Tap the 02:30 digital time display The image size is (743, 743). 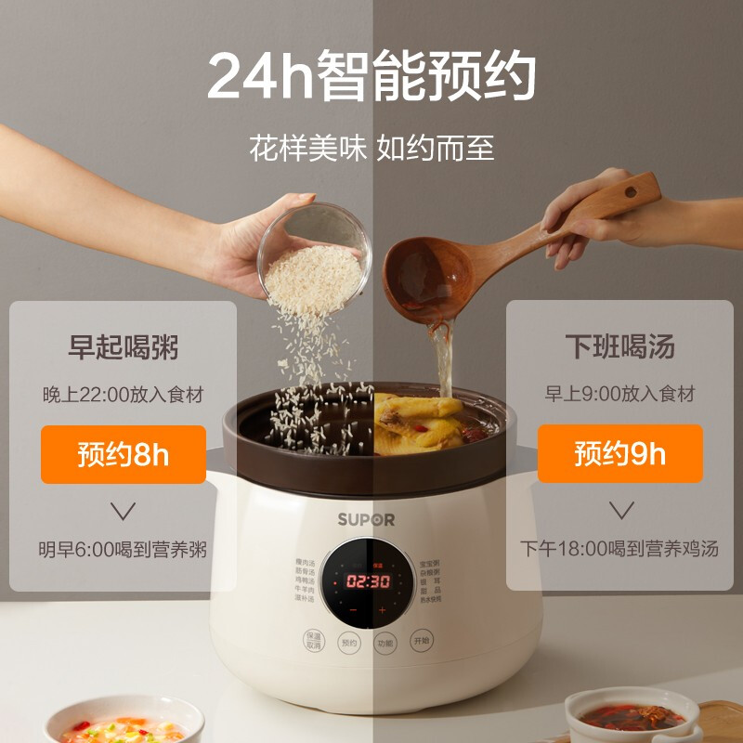pos(368,581)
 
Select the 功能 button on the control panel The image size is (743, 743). pos(385,643)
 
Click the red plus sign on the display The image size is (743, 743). pos(382,610)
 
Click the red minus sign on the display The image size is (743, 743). pos(353,610)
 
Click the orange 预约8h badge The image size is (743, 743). pos(123,454)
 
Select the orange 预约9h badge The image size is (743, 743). pos(619,454)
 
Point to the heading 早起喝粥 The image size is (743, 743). pos(123,348)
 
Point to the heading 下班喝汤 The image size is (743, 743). pos(619,348)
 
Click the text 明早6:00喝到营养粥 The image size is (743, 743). pos(123,549)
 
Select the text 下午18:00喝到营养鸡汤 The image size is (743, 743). pos(619,549)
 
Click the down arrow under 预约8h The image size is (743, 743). pos(123,509)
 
